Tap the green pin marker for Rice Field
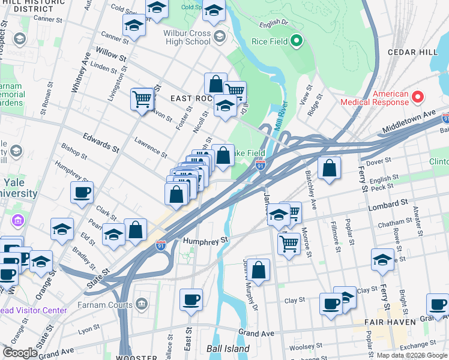pyautogui.click(x=296, y=41)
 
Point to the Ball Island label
pyautogui.click(x=223, y=347)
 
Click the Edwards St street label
pyautogui.click(x=98, y=142)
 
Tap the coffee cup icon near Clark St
pyautogui.click(x=82, y=193)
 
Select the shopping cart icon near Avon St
pyautogui.click(x=142, y=98)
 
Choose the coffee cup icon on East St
pyautogui.click(x=191, y=300)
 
